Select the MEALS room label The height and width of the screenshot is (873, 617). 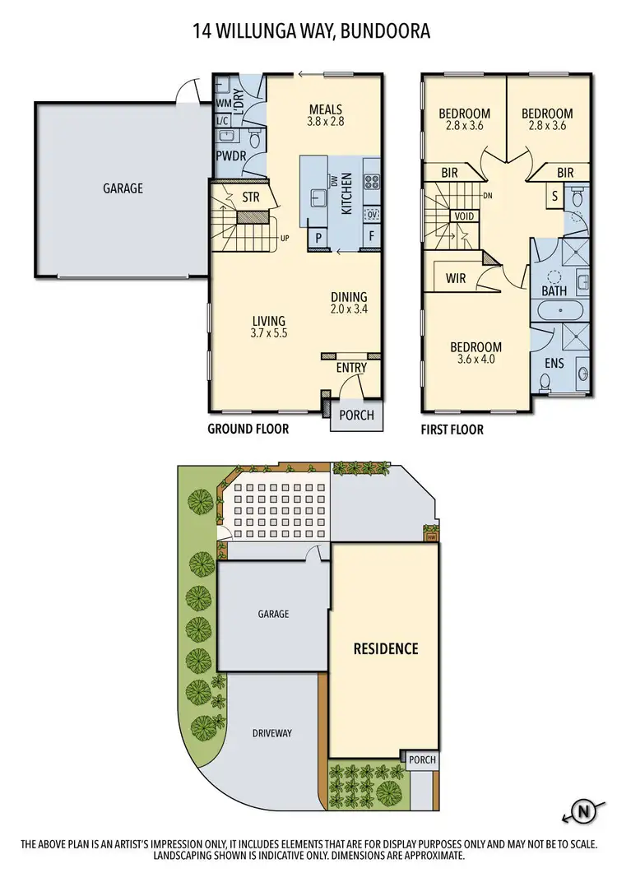tap(325, 109)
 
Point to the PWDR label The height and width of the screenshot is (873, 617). tap(228, 156)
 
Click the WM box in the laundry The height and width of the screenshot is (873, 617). tap(222, 104)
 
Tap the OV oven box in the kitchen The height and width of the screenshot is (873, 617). tap(371, 216)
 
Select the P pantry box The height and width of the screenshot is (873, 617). tap(318, 238)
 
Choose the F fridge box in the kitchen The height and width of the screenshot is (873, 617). tap(371, 238)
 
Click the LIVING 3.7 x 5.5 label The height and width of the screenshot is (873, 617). tap(268, 327)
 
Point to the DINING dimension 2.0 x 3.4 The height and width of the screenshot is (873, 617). tap(349, 310)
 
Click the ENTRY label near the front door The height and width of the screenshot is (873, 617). tap(351, 368)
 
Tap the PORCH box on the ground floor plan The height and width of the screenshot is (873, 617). tap(356, 415)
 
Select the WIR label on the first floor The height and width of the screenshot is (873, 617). tap(455, 278)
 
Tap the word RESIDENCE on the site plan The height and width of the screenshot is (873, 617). tap(386, 648)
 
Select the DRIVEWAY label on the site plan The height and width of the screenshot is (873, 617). tap(271, 732)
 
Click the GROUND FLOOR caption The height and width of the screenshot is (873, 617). tap(248, 429)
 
